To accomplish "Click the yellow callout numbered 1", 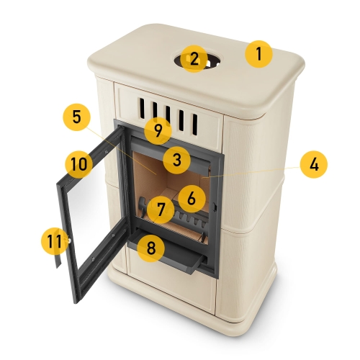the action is (x=258, y=54).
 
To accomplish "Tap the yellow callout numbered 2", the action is (x=194, y=59).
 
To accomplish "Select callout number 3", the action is (x=177, y=160).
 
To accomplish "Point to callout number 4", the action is (x=314, y=165).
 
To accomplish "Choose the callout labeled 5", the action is (x=76, y=117).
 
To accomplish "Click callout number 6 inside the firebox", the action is (x=192, y=199).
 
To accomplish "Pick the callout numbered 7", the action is (x=161, y=210).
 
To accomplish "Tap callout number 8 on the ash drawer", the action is (x=151, y=248).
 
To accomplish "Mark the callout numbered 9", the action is (x=158, y=131).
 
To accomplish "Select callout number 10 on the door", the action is (x=78, y=164).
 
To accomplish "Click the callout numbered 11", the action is (x=55, y=240).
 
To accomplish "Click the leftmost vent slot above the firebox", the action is (x=143, y=108).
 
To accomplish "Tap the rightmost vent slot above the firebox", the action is (x=195, y=125).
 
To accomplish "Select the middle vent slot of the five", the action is (x=168, y=116).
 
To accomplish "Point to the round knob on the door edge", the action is (x=69, y=240).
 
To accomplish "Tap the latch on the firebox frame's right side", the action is (x=215, y=207).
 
